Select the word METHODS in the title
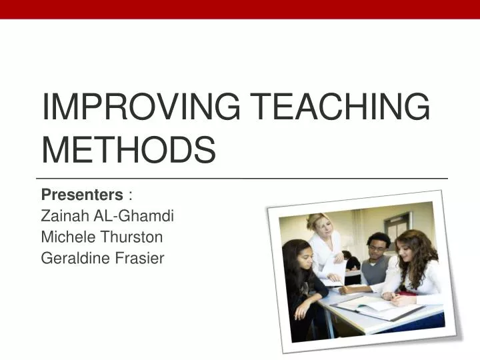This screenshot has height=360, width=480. click(129, 149)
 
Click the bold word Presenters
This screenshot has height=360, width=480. click(82, 195)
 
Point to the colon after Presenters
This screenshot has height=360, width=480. click(130, 195)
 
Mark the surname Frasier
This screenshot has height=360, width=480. click(140, 259)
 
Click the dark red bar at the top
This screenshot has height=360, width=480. click(240, 9)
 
